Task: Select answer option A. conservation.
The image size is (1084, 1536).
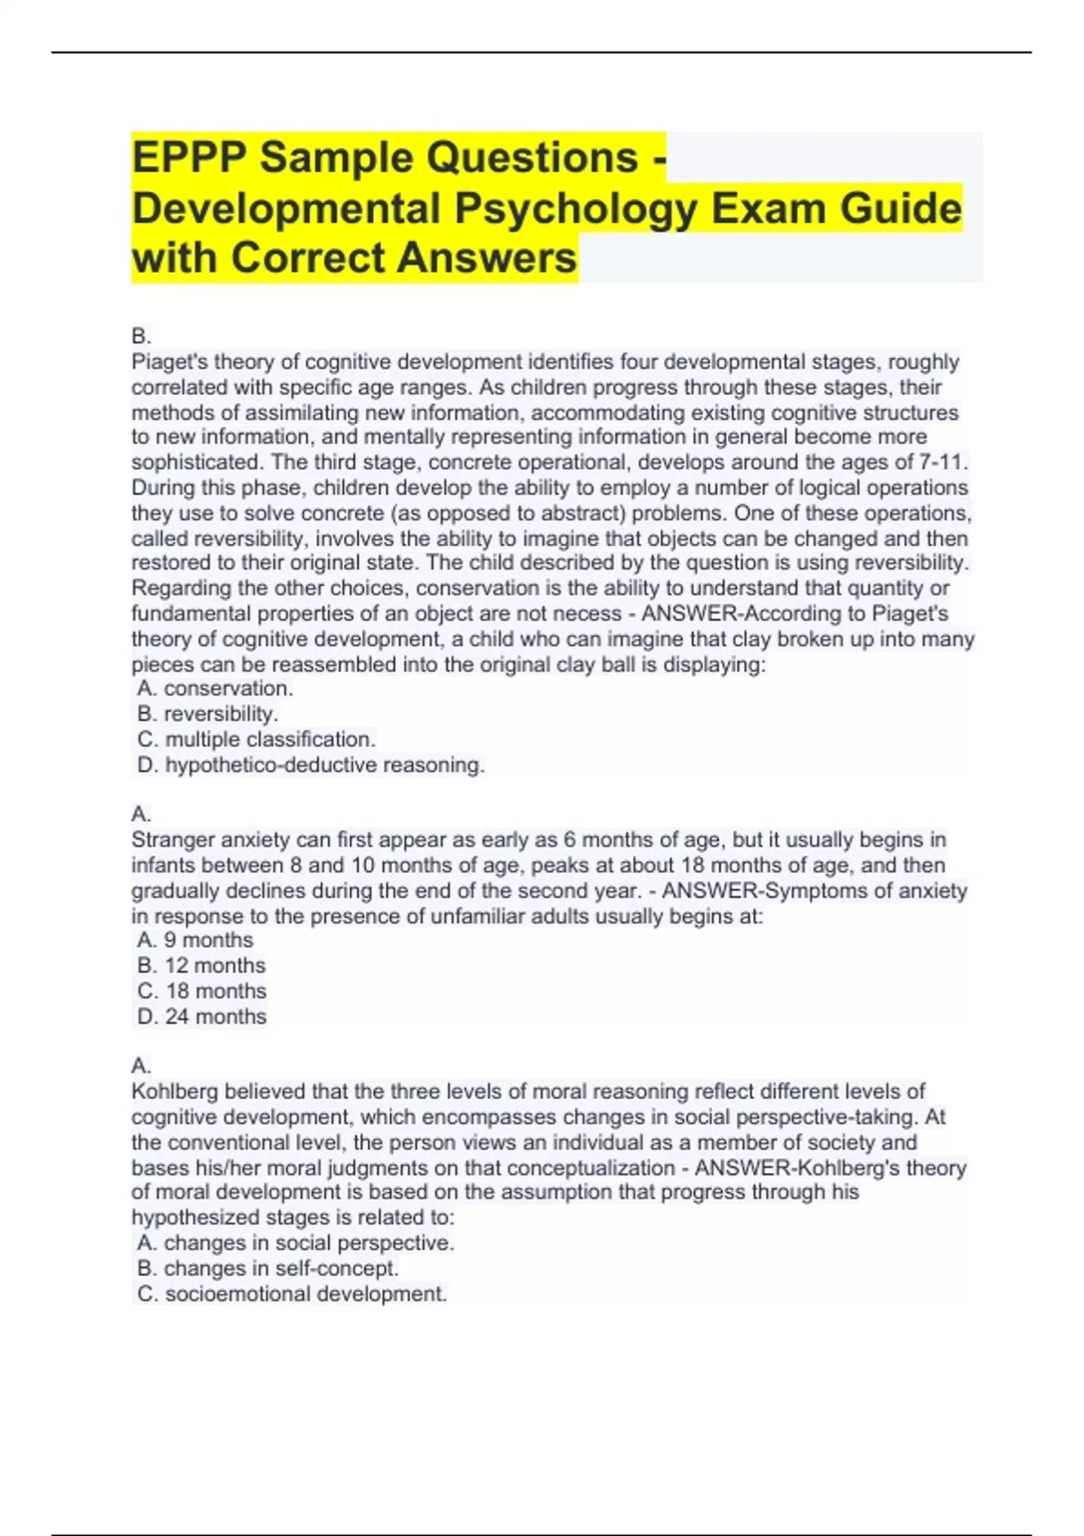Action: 215,688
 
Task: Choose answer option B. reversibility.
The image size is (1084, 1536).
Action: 208,714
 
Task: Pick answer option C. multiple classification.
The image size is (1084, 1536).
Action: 257,739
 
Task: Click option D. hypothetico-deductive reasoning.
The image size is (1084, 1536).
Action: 311,765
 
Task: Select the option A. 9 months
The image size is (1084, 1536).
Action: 195,940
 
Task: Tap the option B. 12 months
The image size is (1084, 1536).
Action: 201,965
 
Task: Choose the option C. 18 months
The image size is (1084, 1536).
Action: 201,991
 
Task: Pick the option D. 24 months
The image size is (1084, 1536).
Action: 201,1016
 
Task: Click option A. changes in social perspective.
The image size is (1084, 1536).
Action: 295,1243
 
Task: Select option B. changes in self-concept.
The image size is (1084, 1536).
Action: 267,1269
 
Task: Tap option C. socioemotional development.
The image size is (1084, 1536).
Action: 292,1294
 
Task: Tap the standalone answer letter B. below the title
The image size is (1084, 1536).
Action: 141,336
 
